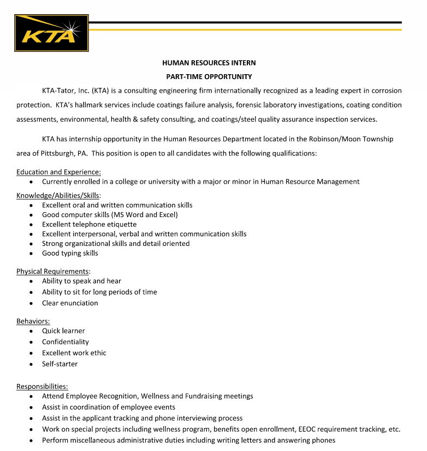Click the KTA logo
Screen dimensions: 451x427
pyautogui.click(x=51, y=33)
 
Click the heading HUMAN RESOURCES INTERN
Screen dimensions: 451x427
pyautogui.click(x=209, y=63)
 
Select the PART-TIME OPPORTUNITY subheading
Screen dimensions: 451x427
pyautogui.click(x=209, y=77)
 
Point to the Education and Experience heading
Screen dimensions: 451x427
pyautogui.click(x=58, y=172)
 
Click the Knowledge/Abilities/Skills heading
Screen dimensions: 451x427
pyautogui.click(x=58, y=195)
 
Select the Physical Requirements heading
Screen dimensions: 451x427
pyautogui.click(x=53, y=271)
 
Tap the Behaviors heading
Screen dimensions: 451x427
pyautogui.click(x=33, y=321)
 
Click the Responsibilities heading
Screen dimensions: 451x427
pyautogui.click(x=42, y=386)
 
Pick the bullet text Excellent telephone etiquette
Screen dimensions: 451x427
pyautogui.click(x=89, y=224)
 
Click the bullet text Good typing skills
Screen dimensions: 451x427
pyautogui.click(x=70, y=253)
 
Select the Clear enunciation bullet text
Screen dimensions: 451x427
pyautogui.click(x=70, y=303)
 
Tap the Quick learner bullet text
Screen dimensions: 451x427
pyautogui.click(x=63, y=330)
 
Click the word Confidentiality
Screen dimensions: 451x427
pyautogui.click(x=65, y=342)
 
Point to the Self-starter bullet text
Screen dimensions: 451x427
pyautogui.click(x=60, y=364)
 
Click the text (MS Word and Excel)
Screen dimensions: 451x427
pyautogui.click(x=144, y=215)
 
